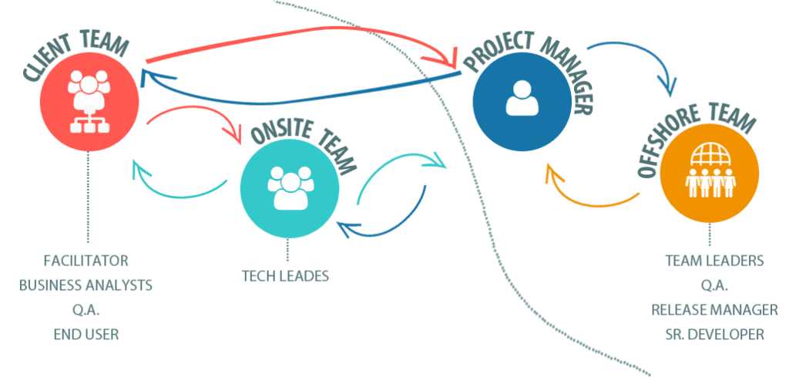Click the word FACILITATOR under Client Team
coord(86,260)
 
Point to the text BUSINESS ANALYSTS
coord(86,285)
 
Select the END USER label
coord(86,335)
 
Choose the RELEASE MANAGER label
coord(714,310)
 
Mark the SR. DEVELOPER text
coord(714,335)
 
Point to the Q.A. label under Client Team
coord(86,310)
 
